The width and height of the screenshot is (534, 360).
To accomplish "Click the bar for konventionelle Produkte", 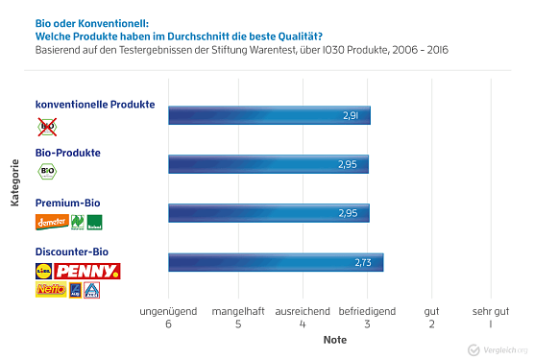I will pos(269,115).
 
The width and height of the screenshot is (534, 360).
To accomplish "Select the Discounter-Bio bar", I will pos(276,262).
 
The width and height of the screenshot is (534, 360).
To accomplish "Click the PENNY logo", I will pos(87,271).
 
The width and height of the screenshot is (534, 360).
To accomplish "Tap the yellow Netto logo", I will pos(50,290).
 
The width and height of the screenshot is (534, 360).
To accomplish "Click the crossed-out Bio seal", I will pos(46,125).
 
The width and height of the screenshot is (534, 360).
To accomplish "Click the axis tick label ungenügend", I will pos(168,312).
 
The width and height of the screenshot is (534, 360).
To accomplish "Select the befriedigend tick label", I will pos(366,312).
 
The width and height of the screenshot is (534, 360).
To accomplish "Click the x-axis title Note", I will pos(334,340).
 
